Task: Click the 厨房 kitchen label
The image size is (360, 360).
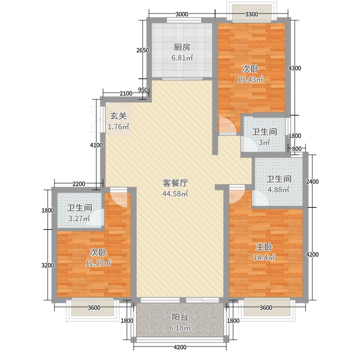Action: (x=182, y=47)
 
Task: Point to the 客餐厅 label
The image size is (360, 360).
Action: (x=175, y=183)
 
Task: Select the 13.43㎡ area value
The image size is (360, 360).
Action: (x=250, y=80)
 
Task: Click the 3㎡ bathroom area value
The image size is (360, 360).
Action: (x=264, y=143)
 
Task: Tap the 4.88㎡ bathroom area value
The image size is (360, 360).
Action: (x=279, y=189)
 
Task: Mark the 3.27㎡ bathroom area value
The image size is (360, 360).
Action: (x=80, y=219)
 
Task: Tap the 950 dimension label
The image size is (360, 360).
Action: (x=143, y=90)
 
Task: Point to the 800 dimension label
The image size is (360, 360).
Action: (x=296, y=148)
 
